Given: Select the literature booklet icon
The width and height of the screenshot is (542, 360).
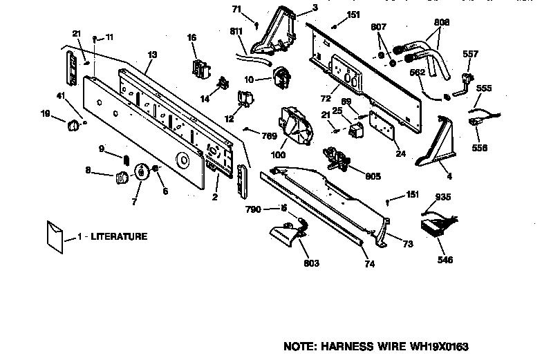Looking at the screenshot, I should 53,234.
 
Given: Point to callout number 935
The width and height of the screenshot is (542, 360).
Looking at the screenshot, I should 443,197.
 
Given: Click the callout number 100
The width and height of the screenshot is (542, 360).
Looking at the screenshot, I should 278,155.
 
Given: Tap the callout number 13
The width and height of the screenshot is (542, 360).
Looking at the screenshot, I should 152,55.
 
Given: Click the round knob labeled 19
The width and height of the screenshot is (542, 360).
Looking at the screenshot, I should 71,125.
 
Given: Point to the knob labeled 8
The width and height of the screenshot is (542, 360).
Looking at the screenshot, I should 121,178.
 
